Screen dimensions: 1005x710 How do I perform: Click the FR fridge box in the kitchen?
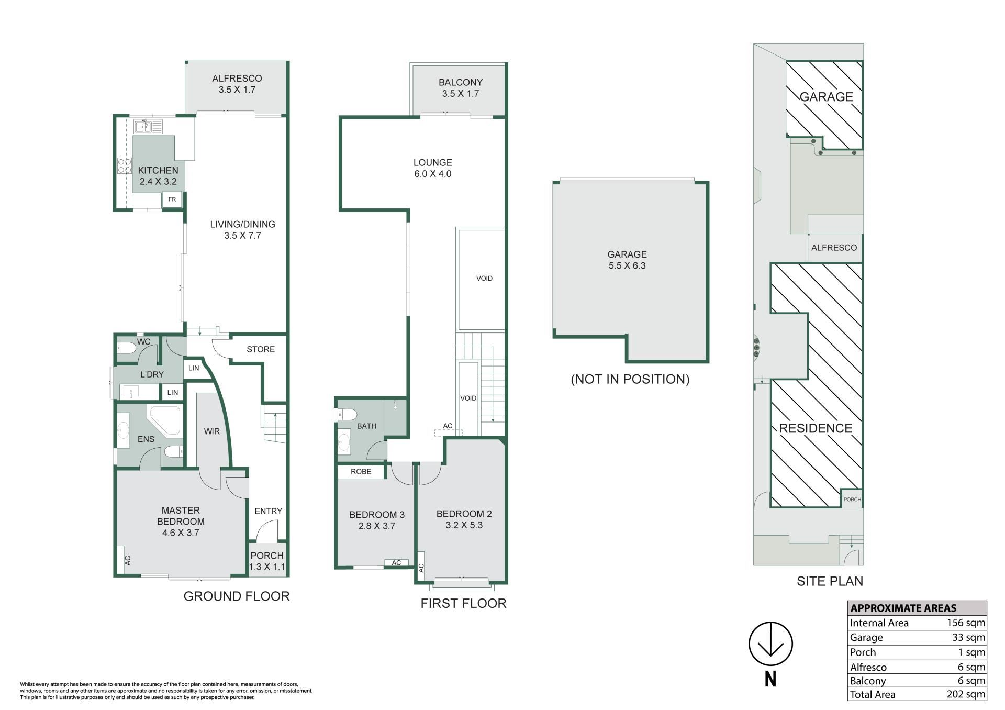click(172, 199)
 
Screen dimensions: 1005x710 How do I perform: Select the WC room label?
click(143, 342)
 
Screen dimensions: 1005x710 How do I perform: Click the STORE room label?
click(261, 349)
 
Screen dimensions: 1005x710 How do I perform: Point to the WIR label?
click(211, 431)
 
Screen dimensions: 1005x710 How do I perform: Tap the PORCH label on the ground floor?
click(267, 556)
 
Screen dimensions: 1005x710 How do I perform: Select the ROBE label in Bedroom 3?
click(361, 472)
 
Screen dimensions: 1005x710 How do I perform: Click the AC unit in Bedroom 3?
click(396, 563)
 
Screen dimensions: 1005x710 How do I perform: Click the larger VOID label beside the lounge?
click(484, 279)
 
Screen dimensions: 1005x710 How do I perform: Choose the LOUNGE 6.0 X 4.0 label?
click(432, 168)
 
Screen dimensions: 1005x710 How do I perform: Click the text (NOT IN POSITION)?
click(630, 379)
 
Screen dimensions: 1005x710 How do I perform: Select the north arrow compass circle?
click(770, 644)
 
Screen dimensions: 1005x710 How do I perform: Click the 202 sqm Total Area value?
click(966, 694)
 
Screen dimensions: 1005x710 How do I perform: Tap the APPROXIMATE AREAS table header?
click(903, 608)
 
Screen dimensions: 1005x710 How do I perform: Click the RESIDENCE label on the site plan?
click(816, 428)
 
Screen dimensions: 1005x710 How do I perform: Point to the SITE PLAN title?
click(830, 581)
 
